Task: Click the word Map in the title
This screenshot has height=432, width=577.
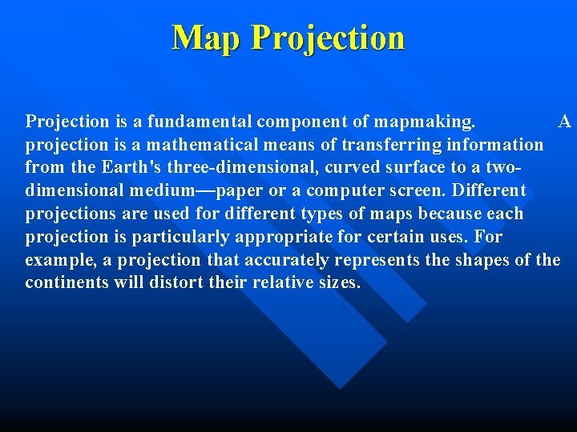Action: [206, 38]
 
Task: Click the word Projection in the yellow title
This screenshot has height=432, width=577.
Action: [327, 38]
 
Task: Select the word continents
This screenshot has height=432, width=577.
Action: [63, 284]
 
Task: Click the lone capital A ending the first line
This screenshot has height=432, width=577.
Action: [565, 122]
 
